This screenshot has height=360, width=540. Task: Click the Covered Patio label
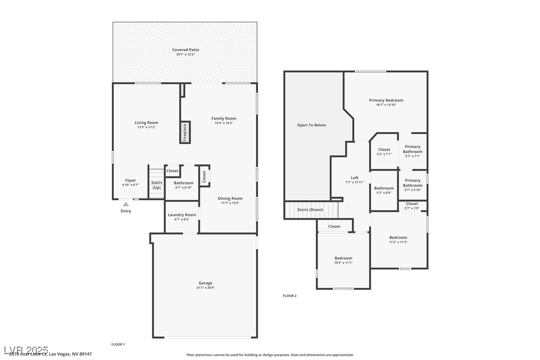[x=185, y=50]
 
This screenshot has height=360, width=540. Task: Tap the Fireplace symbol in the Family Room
[x=185, y=133]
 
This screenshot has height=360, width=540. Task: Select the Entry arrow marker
[x=126, y=204]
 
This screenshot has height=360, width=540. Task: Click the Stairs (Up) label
[x=157, y=185]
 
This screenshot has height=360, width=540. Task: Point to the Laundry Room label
[x=182, y=215]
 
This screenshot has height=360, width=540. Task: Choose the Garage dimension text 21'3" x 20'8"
[x=205, y=287]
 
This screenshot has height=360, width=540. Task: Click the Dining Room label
[x=230, y=198]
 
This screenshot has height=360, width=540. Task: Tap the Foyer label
[x=130, y=180]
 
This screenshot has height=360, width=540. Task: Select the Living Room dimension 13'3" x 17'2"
[x=146, y=127]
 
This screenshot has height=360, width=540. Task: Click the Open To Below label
[x=312, y=125]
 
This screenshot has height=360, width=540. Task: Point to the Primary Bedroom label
[x=386, y=100]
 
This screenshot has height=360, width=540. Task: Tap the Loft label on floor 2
[x=355, y=178]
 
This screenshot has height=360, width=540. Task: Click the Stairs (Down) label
[x=310, y=210]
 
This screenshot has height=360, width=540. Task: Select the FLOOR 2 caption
[x=289, y=296]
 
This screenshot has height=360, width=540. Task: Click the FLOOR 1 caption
[x=118, y=344]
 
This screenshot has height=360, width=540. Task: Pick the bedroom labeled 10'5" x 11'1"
[x=343, y=260]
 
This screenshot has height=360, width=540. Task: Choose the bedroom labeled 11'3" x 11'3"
[x=398, y=240]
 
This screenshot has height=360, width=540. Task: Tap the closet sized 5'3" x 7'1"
[x=384, y=152]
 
